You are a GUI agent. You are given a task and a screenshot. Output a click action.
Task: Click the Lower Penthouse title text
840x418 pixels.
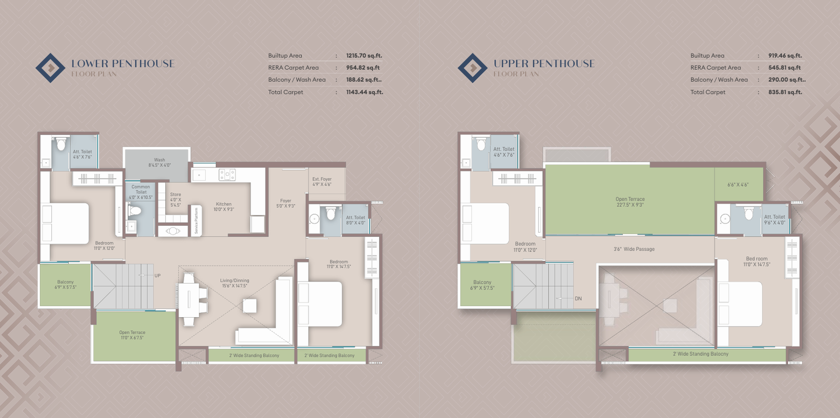click(123, 64)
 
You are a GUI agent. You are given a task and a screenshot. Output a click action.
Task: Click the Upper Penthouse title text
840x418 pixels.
click(544, 64)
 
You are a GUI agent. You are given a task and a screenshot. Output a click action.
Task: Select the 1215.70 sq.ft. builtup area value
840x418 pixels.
click(364, 56)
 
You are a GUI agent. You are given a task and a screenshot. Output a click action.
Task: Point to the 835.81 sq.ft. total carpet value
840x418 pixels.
click(785, 92)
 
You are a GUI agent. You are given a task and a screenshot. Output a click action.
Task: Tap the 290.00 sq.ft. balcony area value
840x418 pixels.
click(786, 80)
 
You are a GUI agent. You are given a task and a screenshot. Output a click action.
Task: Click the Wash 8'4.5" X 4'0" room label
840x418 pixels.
click(159, 162)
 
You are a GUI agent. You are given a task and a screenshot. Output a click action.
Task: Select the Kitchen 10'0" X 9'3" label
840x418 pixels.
click(224, 206)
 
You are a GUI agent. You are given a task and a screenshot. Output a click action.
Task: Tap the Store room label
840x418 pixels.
click(175, 200)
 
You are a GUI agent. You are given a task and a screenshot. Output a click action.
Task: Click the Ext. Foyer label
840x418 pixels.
click(322, 182)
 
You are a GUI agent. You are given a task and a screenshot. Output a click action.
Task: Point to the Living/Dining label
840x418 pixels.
click(235, 283)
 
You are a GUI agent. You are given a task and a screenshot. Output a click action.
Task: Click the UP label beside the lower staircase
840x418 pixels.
click(157, 276)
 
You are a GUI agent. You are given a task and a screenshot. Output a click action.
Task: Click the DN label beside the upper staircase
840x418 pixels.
click(578, 299)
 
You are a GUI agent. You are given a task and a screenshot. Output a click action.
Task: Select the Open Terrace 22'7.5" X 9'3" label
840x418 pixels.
click(630, 202)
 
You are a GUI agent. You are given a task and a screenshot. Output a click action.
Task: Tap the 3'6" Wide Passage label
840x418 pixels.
click(634, 249)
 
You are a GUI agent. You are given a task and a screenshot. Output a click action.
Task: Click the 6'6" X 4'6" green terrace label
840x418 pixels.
click(738, 185)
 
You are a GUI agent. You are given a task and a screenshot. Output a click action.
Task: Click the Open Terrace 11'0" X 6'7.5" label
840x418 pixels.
click(132, 335)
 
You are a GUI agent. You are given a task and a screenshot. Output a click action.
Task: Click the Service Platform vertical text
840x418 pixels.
click(196, 221)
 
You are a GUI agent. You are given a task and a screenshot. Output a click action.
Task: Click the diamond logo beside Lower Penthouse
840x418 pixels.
click(50, 68)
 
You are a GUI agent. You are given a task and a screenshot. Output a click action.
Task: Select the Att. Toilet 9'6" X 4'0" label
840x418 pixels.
click(774, 220)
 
